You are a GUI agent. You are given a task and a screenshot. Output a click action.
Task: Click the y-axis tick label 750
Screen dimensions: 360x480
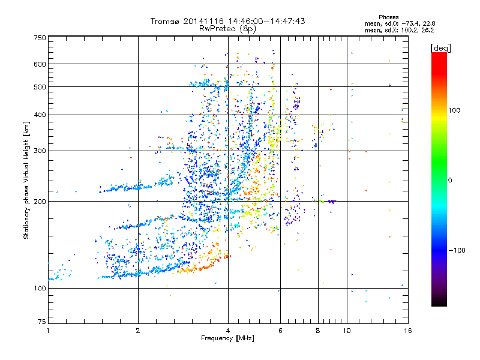coord(40,38)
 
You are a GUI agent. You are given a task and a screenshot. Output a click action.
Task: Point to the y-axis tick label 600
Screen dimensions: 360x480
coord(40,64)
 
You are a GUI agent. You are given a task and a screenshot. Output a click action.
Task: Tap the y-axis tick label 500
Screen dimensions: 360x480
coord(40,87)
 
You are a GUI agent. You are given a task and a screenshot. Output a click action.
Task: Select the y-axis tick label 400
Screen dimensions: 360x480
coord(40,115)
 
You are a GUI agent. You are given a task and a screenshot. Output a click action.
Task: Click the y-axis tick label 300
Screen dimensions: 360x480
coord(40,151)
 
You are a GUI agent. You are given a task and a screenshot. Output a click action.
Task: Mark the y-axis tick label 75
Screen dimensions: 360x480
coord(41,323)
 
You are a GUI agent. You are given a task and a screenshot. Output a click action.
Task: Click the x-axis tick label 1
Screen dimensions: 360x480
coord(48,331)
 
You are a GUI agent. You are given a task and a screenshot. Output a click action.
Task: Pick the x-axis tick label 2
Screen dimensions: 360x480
coord(138,331)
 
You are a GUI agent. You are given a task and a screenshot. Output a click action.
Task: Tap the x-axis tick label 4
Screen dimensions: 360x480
coord(228,331)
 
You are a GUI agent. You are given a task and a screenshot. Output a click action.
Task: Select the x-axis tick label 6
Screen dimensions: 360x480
coord(280,331)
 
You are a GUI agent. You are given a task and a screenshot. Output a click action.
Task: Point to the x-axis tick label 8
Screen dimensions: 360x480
coord(318,331)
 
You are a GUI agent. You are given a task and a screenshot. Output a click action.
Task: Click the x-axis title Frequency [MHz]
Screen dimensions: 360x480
coord(227,339)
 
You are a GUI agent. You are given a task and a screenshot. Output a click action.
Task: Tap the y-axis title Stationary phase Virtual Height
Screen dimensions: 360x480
coord(26,180)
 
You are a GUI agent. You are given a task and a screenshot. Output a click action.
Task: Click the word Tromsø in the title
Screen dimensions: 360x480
coord(165,21)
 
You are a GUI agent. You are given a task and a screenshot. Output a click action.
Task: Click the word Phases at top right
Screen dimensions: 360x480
coord(389,17)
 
